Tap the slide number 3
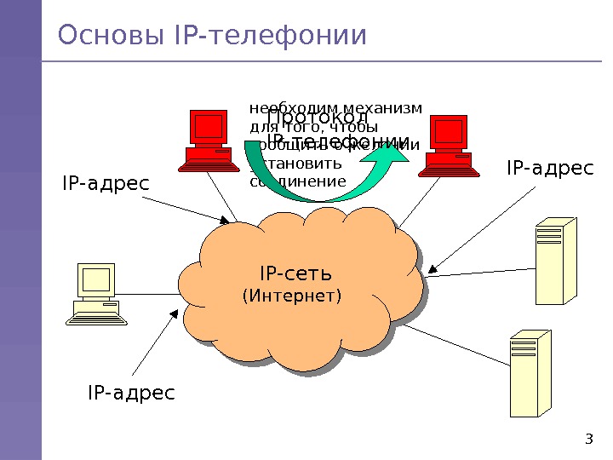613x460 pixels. coord(588,440)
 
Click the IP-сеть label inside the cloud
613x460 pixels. coord(295,273)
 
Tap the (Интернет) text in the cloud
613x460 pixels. coord(292,296)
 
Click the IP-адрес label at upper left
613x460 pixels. coord(106,183)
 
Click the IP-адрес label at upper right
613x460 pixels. coord(550,169)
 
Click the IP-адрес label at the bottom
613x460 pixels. coord(131,393)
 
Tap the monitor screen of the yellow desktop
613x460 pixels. coord(96,279)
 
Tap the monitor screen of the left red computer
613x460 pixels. coord(209,127)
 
